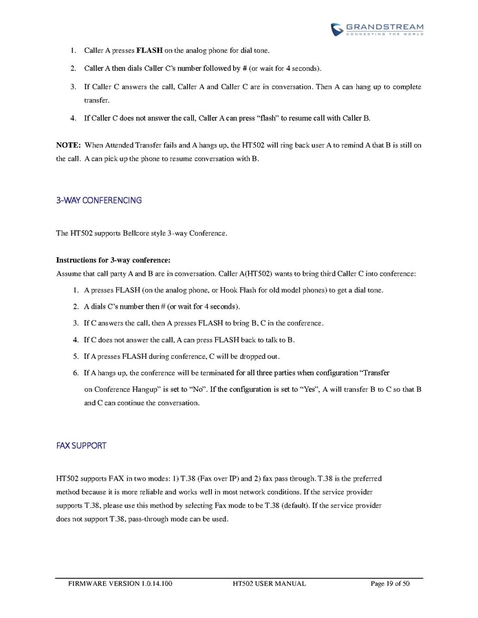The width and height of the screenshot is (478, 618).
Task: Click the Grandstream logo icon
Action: [337, 28]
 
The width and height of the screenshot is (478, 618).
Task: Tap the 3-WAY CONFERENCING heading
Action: [98, 200]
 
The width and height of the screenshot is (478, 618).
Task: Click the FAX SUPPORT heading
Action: [81, 445]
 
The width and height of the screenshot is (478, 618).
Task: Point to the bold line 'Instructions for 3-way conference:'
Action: [112, 260]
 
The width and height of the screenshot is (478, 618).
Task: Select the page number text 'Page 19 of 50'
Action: [390, 584]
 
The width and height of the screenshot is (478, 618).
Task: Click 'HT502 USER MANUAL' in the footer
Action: [270, 584]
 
